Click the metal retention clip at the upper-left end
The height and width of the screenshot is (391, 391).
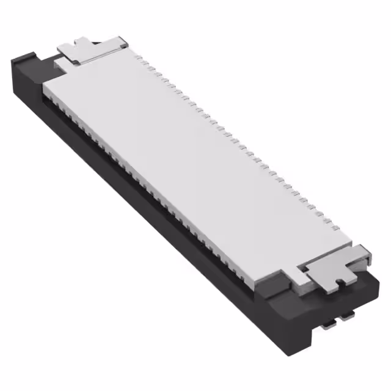92,50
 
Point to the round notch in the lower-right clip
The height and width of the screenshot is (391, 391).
338,280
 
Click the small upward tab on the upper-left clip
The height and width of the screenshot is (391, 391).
80,42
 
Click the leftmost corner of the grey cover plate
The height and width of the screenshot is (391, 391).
44,92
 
